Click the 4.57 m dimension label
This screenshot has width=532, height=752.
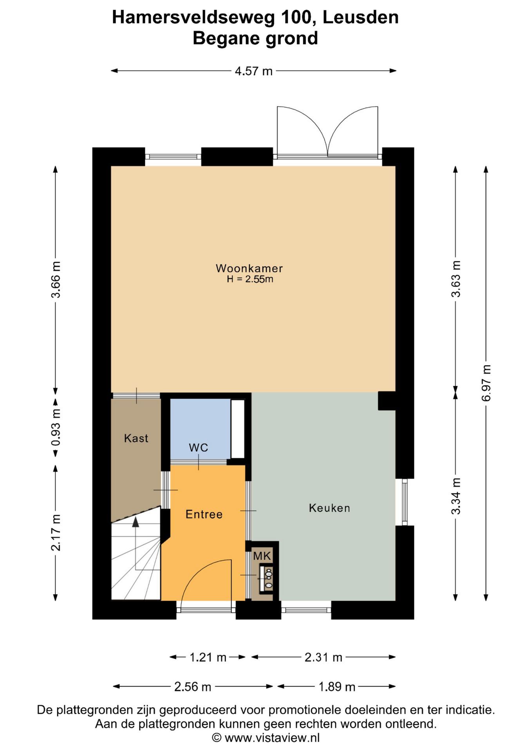pos(253,71)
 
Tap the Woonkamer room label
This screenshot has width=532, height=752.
pos(249,268)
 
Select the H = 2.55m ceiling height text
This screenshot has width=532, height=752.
pos(250,279)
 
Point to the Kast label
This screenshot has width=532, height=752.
pos(136,438)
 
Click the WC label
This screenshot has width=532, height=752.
pos(198,447)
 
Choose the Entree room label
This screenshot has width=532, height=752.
pos(204,514)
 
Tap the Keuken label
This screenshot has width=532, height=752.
pos(329,508)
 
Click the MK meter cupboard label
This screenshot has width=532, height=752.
pos(262,555)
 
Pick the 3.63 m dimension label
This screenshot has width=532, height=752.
pos(456,278)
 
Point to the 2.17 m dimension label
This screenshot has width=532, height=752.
pos(56,533)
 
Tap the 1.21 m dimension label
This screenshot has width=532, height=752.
pos(208,657)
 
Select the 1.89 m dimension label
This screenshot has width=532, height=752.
pos(337,687)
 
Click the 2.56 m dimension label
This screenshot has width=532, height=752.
pos(193,687)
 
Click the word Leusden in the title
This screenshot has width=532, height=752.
pos(361,17)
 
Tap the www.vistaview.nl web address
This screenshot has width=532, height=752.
pos(272,738)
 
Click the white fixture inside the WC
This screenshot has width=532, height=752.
pos(237,428)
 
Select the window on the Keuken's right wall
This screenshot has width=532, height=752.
pos(405,502)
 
